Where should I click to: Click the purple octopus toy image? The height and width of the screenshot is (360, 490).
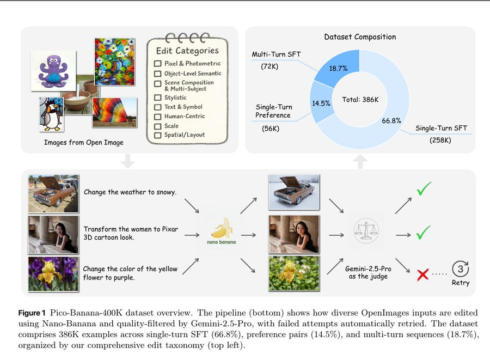coord(54,70)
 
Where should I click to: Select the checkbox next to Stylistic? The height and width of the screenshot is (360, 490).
coord(158,98)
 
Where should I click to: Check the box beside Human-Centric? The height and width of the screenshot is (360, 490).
coord(158,117)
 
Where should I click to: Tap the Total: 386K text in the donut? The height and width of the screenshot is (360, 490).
coord(360,100)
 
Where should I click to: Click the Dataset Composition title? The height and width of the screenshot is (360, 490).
coord(360,37)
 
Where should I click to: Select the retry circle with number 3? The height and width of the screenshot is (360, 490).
coord(460,269)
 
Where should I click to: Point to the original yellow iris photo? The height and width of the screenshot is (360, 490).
coord(53,274)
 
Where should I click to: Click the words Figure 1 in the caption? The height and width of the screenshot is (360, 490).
coord(33,313)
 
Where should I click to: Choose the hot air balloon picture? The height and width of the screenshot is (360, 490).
coord(111,113)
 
